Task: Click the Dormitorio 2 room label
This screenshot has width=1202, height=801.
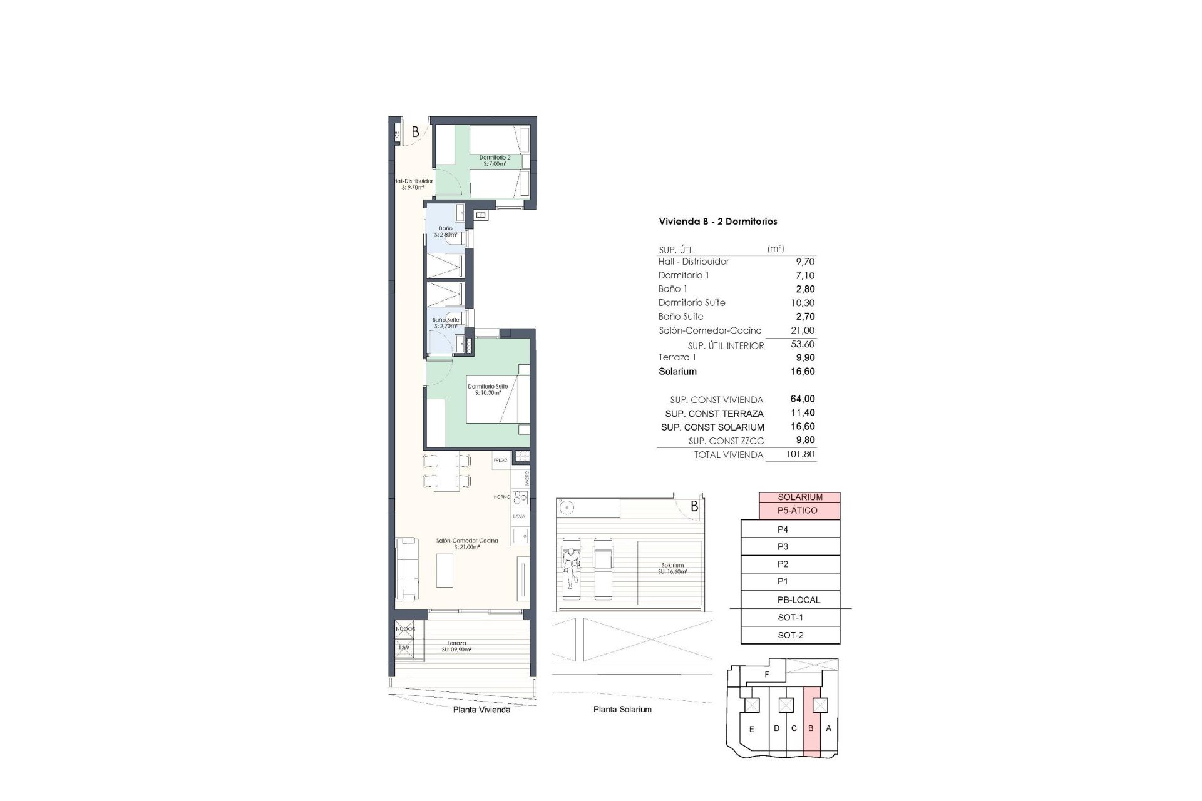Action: tap(495, 161)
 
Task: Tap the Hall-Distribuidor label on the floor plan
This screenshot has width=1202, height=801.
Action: tap(413, 184)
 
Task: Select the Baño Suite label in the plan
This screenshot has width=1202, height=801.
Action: tap(446, 323)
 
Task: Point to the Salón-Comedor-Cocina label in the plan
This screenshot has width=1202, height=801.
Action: tap(467, 543)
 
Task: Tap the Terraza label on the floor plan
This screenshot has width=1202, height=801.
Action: tap(456, 646)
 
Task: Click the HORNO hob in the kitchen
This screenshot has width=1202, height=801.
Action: tap(520, 497)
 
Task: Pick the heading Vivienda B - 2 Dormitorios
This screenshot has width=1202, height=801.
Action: tap(717, 222)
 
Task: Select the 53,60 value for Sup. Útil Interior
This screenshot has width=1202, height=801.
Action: tap(803, 344)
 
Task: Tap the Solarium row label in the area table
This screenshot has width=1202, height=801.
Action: tap(677, 372)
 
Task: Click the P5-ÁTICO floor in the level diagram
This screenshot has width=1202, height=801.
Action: tap(797, 511)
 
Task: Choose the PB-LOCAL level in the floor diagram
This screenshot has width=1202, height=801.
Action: tap(798, 599)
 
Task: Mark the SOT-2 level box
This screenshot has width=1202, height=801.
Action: tap(790, 635)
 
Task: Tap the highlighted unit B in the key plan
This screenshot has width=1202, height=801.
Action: tap(811, 729)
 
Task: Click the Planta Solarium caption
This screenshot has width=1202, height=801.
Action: tap(622, 710)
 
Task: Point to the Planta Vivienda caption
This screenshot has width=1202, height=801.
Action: tap(481, 710)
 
